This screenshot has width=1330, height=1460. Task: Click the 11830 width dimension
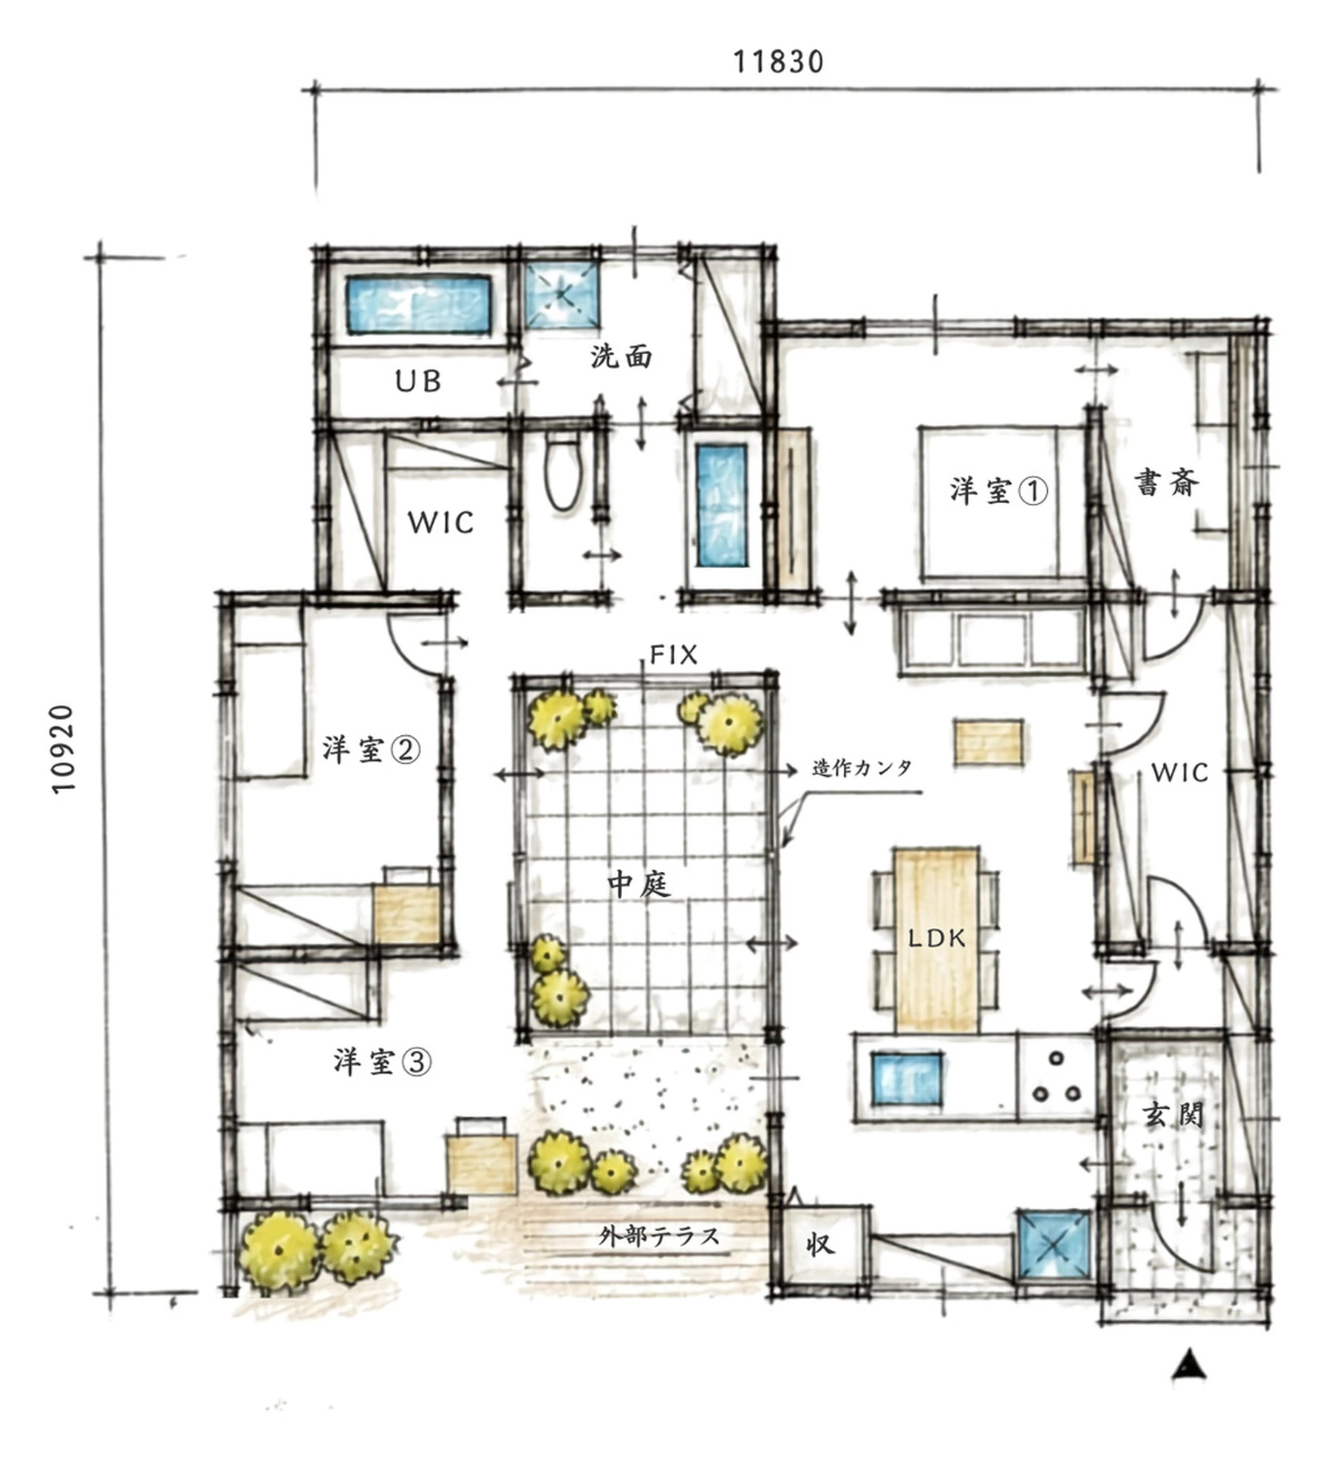[777, 62]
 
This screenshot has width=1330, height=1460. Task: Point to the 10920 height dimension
[64, 748]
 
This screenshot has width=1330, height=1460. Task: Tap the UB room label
[418, 381]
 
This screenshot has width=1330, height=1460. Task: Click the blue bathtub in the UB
[419, 304]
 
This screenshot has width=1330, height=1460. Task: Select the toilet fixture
[564, 471]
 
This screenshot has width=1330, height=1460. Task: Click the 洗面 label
[621, 356]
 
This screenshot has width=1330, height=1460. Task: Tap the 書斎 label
[1167, 483]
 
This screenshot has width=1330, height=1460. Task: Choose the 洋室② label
[371, 750]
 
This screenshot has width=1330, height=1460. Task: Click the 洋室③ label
[382, 1062]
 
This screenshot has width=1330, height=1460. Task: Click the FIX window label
[673, 655]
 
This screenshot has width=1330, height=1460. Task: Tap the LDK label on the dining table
[937, 939]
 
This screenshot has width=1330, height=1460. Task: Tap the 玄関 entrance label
[1173, 1115]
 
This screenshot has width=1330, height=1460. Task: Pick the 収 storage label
[820, 1244]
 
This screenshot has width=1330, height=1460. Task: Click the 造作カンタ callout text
[862, 768]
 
